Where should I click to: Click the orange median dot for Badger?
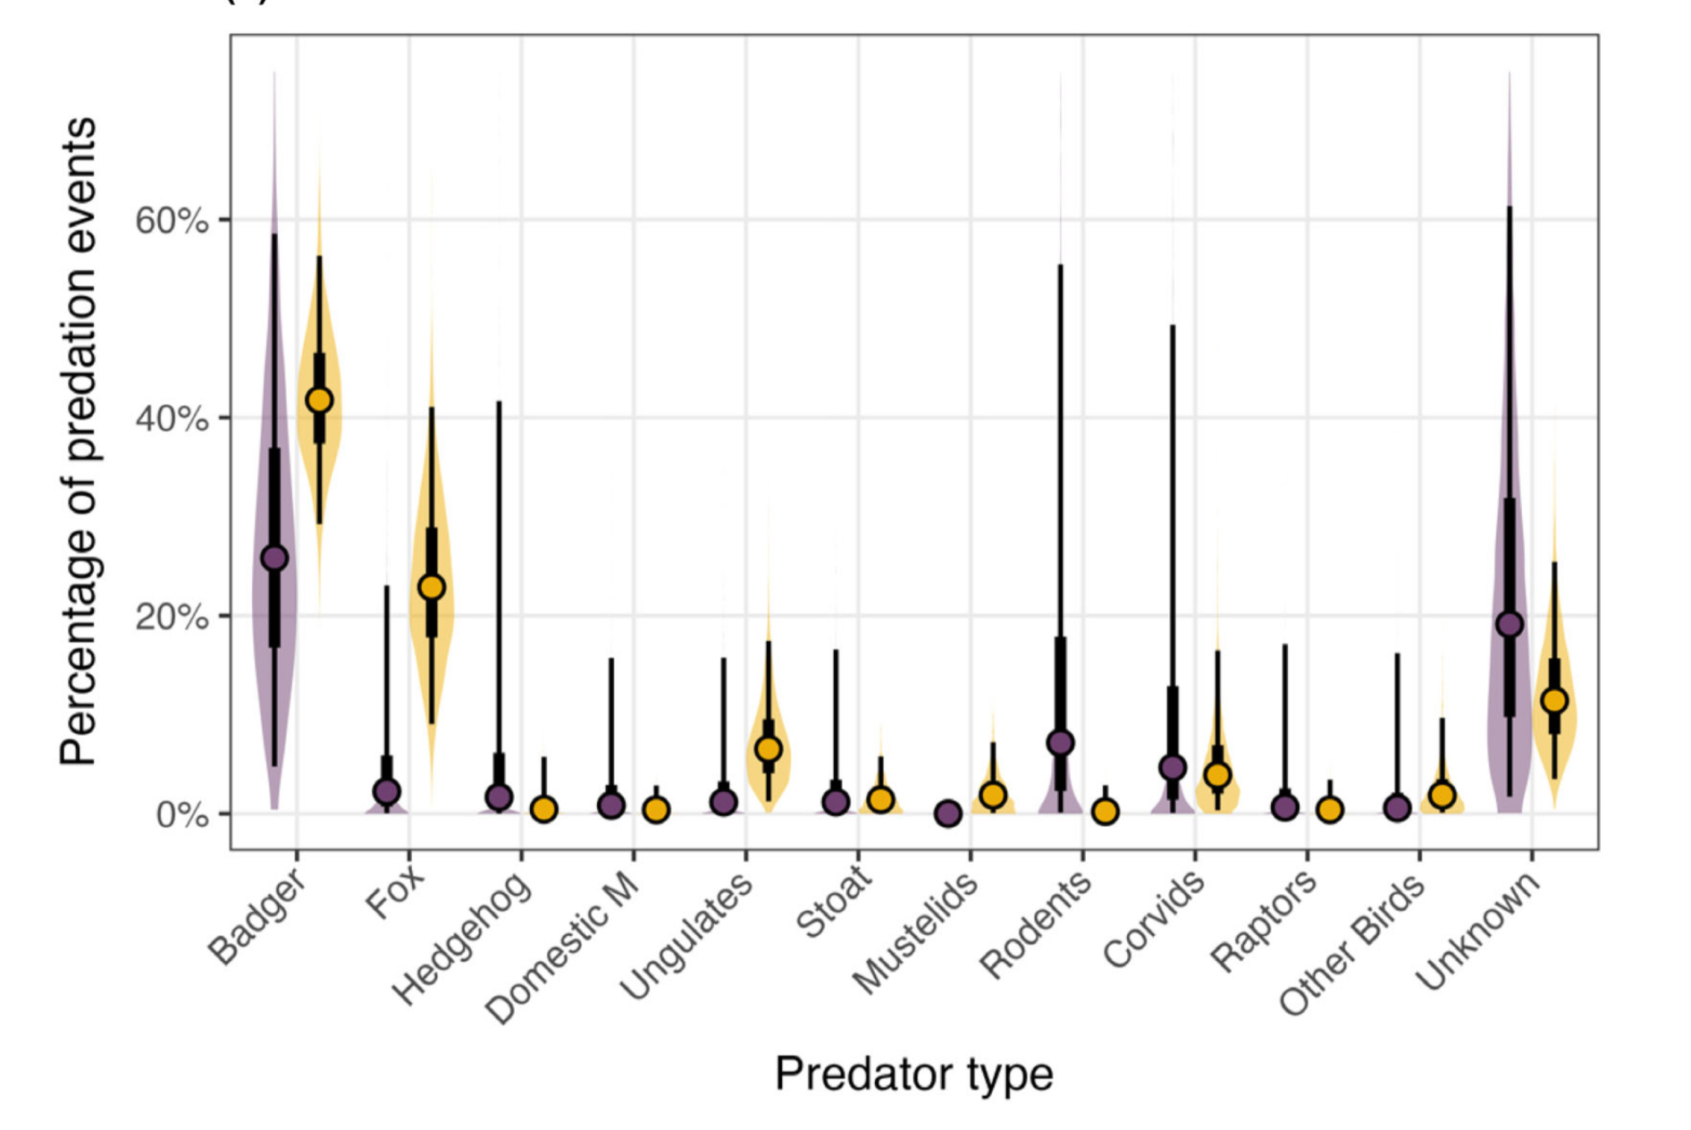click(x=319, y=401)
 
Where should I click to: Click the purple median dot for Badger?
click(x=274, y=559)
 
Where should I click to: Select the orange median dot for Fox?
click(x=432, y=587)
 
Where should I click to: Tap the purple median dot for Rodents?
click(x=1061, y=743)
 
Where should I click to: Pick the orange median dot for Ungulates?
click(x=769, y=749)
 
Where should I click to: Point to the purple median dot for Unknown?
click(x=1510, y=624)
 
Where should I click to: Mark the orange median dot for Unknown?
click(x=1554, y=701)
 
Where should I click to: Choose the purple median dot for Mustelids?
click(x=948, y=814)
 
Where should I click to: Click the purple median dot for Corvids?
click(x=1173, y=768)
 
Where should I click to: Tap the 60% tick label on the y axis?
click(x=172, y=220)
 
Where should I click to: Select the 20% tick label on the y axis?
click(x=172, y=617)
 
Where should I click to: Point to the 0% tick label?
click(x=181, y=814)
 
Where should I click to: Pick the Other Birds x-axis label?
click(x=1352, y=944)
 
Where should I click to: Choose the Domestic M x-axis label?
click(x=563, y=948)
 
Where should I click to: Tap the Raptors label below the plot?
click(x=1264, y=921)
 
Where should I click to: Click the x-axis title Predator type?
click(x=913, y=1074)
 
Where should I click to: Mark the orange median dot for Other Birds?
click(x=1442, y=795)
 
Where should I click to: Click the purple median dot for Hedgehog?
click(x=499, y=797)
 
